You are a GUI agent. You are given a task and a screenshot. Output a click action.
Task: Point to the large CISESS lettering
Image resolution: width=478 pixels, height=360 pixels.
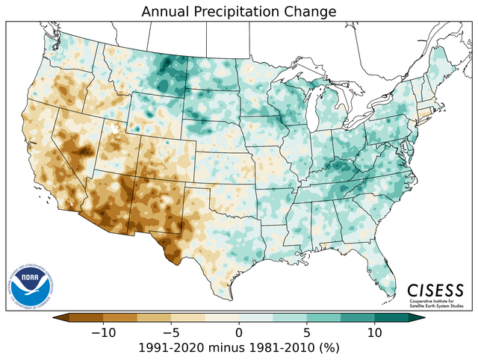(435, 291)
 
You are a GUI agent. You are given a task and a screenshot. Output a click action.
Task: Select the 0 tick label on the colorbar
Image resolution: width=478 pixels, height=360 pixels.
(239, 332)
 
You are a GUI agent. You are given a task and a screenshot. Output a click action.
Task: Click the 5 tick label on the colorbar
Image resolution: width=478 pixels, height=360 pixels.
(307, 332)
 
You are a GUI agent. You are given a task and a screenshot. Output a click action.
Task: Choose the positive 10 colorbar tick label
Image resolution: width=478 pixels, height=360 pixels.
(375, 332)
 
